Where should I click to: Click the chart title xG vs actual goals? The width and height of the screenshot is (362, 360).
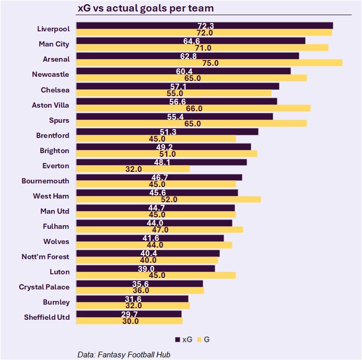click(x=145, y=9)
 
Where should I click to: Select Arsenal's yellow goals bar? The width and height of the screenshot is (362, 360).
click(x=209, y=63)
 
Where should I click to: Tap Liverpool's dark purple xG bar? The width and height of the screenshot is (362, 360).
click(x=204, y=26)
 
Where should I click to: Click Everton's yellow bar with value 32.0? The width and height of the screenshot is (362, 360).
click(x=133, y=169)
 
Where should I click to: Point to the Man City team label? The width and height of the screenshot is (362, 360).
click(x=54, y=44)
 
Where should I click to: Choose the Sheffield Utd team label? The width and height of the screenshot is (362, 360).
click(x=46, y=317)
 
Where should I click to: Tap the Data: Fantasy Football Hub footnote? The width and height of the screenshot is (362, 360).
click(x=124, y=354)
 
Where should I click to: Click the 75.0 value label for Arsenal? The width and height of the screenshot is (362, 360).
click(x=201, y=63)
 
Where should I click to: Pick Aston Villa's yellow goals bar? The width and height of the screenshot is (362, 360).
click(x=193, y=108)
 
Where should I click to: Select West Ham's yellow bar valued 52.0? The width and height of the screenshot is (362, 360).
click(x=168, y=199)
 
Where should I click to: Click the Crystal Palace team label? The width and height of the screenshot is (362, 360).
click(x=44, y=287)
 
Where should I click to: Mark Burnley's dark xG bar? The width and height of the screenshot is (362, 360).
click(x=132, y=299)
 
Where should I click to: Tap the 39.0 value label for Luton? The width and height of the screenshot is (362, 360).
click(x=146, y=269)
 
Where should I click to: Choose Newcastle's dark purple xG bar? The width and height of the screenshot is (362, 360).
click(x=183, y=71)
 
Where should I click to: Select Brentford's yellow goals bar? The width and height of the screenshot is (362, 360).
click(x=156, y=138)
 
